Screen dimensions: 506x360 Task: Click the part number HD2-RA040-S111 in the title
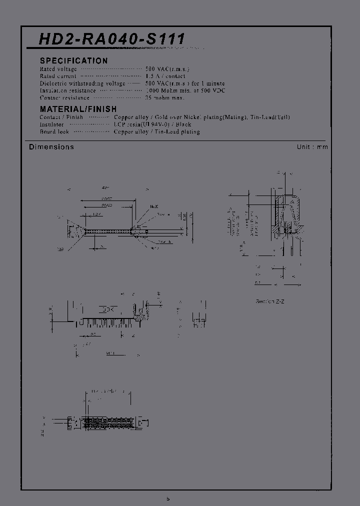[x=112, y=39]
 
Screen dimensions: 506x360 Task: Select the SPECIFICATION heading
[x=73, y=60]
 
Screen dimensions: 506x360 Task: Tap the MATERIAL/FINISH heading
[x=78, y=109]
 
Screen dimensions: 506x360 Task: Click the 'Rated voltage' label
[x=58, y=69]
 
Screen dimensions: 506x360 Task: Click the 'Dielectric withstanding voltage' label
[x=82, y=83]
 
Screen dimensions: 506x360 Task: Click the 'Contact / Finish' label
[x=61, y=117]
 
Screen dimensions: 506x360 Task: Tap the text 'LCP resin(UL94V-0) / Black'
[x=152, y=124]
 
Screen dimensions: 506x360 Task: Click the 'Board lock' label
[x=54, y=131]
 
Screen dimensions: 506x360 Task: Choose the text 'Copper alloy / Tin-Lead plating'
[x=156, y=131]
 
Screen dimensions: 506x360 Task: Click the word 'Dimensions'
[x=51, y=147]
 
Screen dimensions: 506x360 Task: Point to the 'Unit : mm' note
[x=312, y=147]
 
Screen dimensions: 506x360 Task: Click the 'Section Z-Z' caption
[x=270, y=301]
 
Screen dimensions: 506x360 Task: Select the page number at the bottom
[x=168, y=498]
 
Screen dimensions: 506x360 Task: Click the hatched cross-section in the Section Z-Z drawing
[x=286, y=215]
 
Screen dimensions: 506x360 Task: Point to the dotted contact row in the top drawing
[x=107, y=231]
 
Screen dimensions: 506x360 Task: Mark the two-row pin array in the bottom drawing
[x=108, y=421]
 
